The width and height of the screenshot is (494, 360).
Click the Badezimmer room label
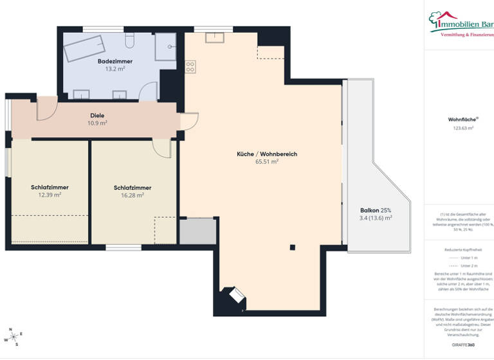(114, 61)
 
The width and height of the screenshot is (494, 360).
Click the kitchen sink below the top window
(214, 37)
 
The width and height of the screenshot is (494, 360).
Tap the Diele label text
(97, 116)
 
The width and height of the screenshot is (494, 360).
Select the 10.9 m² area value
(97, 123)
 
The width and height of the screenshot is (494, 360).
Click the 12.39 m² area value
(50, 195)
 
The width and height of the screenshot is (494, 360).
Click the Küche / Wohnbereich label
(266, 154)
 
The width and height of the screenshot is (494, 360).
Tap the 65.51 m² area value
(266, 162)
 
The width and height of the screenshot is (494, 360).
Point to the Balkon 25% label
(376, 210)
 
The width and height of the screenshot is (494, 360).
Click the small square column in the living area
(292, 247)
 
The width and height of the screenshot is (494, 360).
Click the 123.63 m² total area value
(461, 128)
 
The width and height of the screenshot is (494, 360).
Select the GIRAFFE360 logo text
(462, 345)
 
